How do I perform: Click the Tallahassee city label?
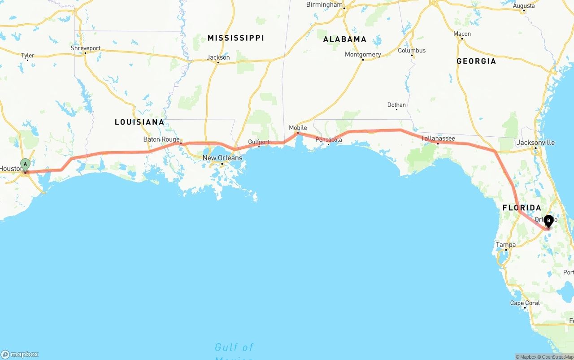point(438,139)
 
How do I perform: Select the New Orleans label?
point(222,158)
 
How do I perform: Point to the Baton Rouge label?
point(161,139)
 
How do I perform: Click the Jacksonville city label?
point(535,143)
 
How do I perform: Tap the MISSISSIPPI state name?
point(235,38)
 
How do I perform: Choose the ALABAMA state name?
point(345,39)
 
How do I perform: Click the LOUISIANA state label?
point(139,122)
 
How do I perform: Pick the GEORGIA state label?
point(476,61)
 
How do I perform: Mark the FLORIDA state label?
point(522,208)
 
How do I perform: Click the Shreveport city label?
point(86,48)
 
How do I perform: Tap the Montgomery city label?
point(363,54)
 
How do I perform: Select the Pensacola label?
point(329,139)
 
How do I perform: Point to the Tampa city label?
point(505,245)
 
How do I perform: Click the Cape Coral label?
point(525,303)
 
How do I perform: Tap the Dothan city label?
point(396,105)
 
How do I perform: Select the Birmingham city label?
point(324,4)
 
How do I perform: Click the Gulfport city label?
point(259,142)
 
